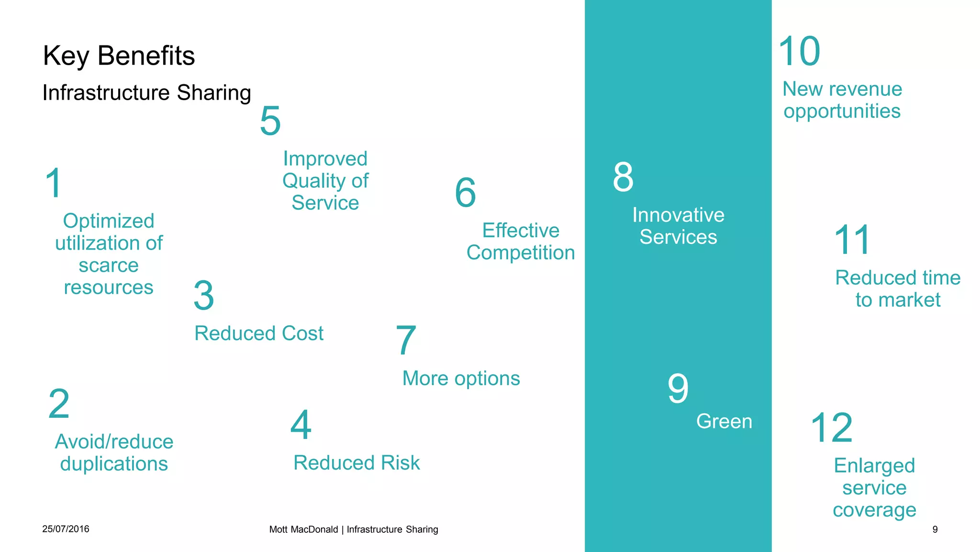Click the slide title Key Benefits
[119, 56]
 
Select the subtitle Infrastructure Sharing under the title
[146, 92]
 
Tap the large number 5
[270, 121]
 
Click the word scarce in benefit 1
[109, 265]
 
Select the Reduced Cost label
[259, 333]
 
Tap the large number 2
[59, 404]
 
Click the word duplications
[114, 464]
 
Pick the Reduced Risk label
[356, 463]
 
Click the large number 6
[465, 193]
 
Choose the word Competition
[521, 253]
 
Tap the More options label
[461, 379]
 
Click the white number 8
[623, 177]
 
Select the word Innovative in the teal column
[678, 215]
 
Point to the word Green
[724, 422]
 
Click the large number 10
[799, 51]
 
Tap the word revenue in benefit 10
[866, 89]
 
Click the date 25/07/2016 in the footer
[66, 529]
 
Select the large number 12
[832, 428]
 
